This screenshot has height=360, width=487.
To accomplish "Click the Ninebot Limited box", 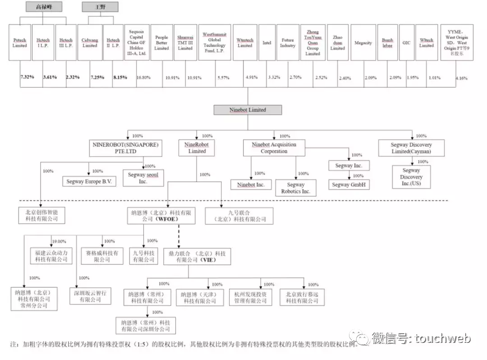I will click(248, 110).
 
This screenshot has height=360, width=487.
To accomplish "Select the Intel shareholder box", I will click(267, 43).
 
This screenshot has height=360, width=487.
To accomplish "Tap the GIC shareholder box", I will click(406, 43).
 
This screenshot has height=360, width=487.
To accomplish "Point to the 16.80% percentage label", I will click(143, 78).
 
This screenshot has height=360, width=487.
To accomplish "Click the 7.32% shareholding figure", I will click(28, 77).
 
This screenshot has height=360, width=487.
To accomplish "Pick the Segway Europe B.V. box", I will click(89, 181).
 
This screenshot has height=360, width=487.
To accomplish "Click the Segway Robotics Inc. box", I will click(295, 188).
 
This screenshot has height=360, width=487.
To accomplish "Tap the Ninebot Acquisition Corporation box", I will click(274, 148).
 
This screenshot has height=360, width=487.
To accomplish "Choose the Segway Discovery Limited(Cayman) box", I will click(411, 148).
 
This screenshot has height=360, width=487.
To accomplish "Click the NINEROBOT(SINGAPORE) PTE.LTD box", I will click(126, 148).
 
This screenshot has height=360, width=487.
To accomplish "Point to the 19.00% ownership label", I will click(59, 241).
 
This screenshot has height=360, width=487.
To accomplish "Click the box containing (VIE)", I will click(194, 257).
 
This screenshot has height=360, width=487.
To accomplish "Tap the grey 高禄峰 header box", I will click(43, 7).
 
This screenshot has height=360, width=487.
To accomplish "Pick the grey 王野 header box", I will click(100, 7).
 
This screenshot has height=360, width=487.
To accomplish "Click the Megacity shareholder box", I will click(363, 43).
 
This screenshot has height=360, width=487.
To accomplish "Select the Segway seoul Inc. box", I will click(143, 178).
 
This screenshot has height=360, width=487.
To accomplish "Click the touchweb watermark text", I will click(437, 338).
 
